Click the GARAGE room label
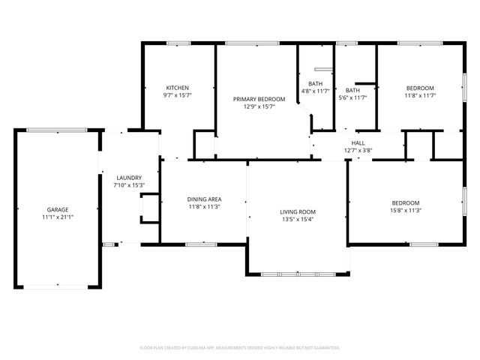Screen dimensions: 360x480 pyautogui.click(x=58, y=210)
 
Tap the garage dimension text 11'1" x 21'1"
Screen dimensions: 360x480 pyautogui.click(x=58, y=217)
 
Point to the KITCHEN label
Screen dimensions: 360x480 pyautogui.click(x=178, y=88)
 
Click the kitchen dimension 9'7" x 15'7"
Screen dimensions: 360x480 pyautogui.click(x=178, y=95)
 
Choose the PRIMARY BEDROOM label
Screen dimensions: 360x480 pyautogui.click(x=259, y=99)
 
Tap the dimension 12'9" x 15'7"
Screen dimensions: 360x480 pyautogui.click(x=259, y=106)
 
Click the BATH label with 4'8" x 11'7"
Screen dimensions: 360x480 pyautogui.click(x=316, y=83)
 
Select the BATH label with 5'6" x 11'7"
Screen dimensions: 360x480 pyautogui.click(x=352, y=90)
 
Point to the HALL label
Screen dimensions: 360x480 pyautogui.click(x=358, y=142)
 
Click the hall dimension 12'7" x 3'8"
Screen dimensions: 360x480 pyautogui.click(x=358, y=150)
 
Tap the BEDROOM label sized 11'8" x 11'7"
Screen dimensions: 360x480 pyautogui.click(x=421, y=88)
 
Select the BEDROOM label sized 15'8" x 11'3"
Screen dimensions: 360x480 pyautogui.click(x=406, y=203)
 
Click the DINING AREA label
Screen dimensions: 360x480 pyautogui.click(x=204, y=199)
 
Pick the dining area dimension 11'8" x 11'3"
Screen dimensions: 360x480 pyautogui.click(x=204, y=206)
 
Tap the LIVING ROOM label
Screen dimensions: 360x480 pyautogui.click(x=298, y=212)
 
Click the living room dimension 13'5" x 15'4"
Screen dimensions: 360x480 pyautogui.click(x=298, y=220)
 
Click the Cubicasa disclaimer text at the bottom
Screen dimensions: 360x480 pyautogui.click(x=240, y=348)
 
